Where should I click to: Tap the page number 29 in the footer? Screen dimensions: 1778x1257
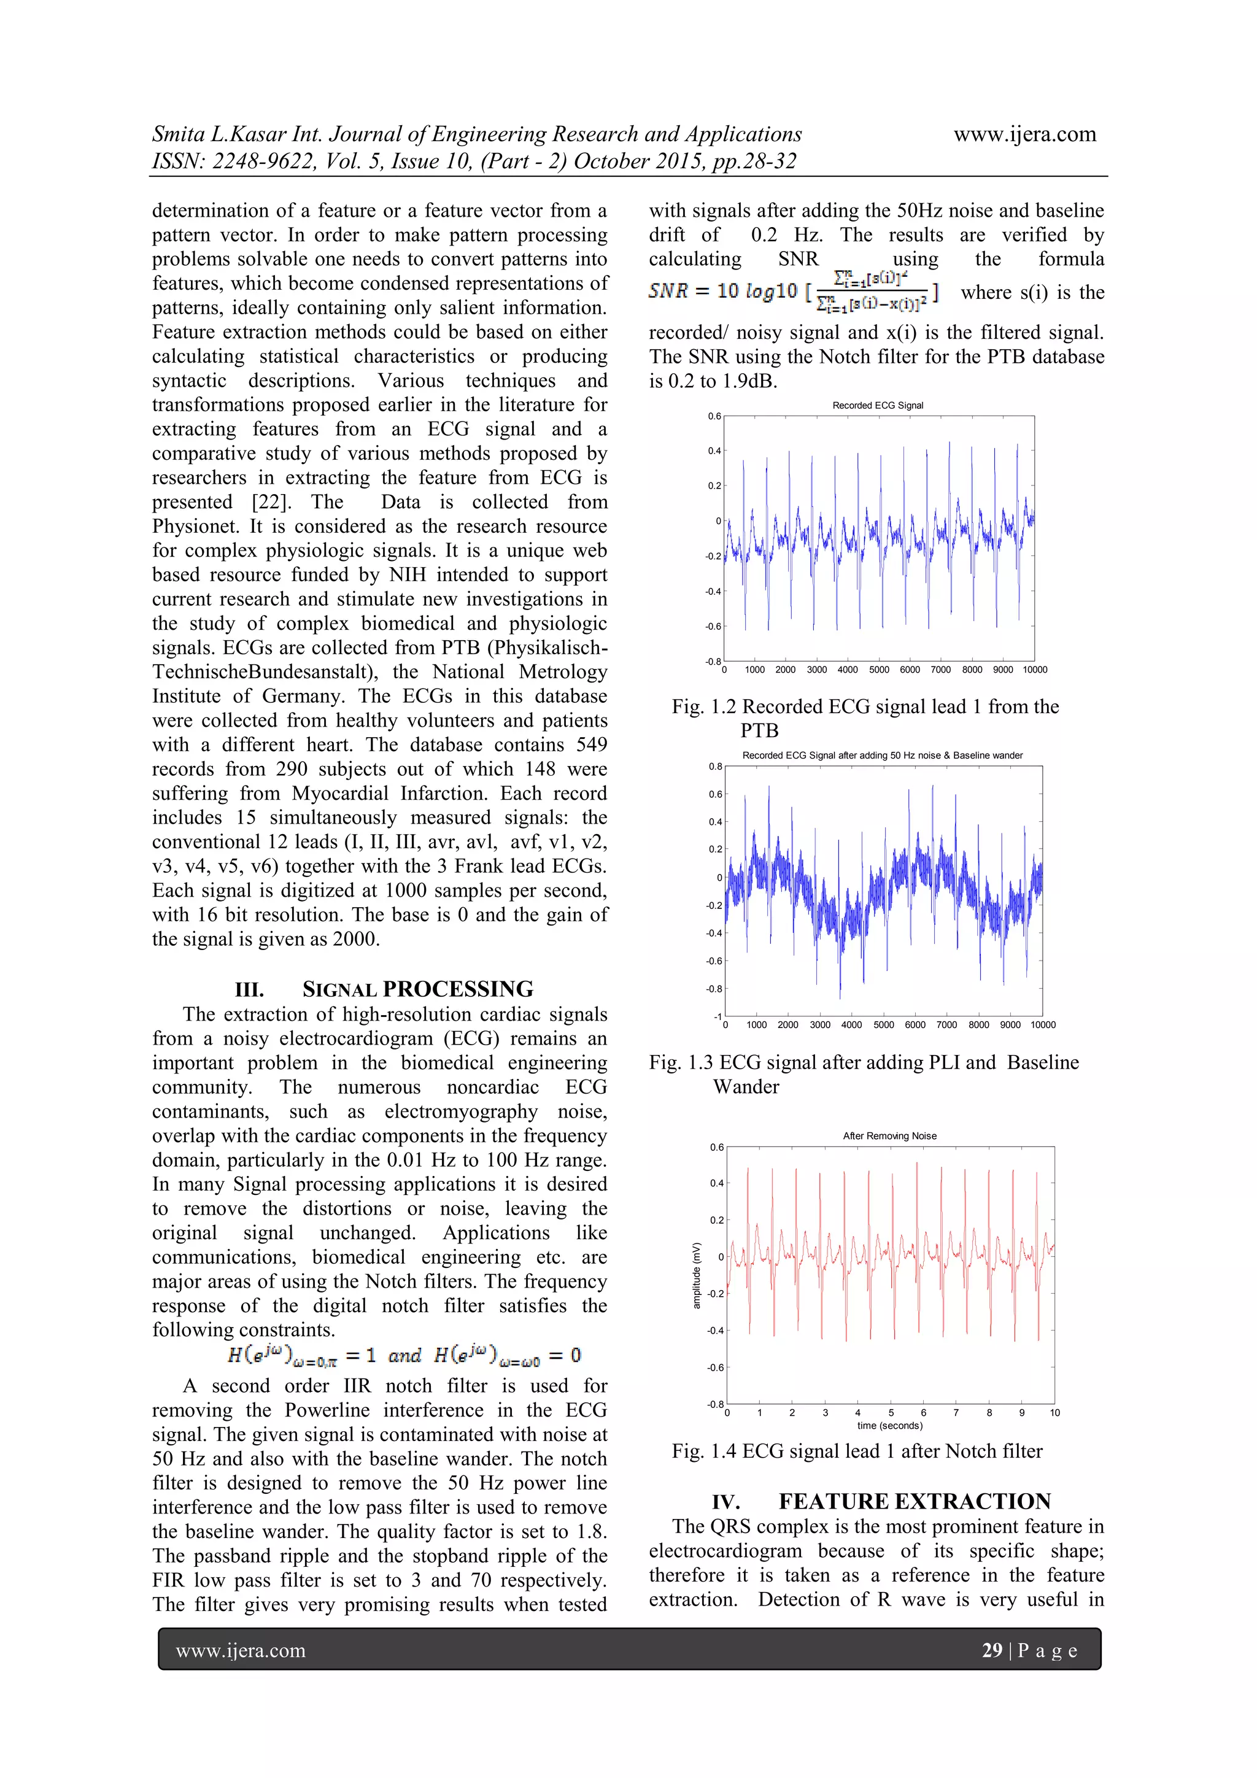pyautogui.click(x=991, y=1650)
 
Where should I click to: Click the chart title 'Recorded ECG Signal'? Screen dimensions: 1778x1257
pyautogui.click(x=878, y=405)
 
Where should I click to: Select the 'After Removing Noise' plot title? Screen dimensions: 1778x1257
pyautogui.click(x=889, y=1136)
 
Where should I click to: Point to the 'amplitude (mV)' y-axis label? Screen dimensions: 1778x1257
pyautogui.click(x=696, y=1275)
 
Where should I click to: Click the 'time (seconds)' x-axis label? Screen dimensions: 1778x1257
pyautogui.click(x=889, y=1425)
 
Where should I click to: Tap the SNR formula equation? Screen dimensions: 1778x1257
pyautogui.click(x=794, y=292)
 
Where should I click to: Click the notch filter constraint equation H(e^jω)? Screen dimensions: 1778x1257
pyautogui.click(x=403, y=1355)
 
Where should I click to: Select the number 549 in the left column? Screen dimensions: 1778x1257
pyautogui.click(x=591, y=745)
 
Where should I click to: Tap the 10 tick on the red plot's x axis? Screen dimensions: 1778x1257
pyautogui.click(x=1054, y=1412)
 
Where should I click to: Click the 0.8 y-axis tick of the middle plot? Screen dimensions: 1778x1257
pyautogui.click(x=716, y=767)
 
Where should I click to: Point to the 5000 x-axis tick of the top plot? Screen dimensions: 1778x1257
pyautogui.click(x=878, y=670)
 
